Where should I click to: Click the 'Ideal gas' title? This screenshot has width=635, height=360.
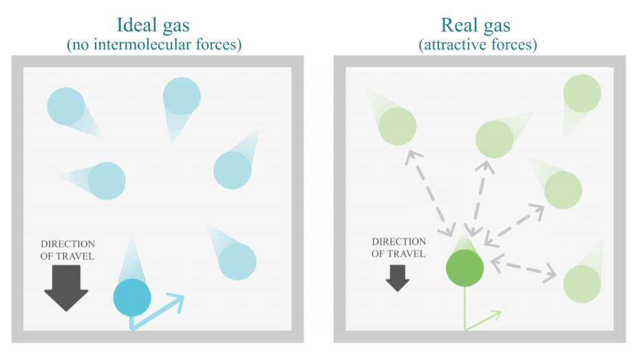click(153, 26)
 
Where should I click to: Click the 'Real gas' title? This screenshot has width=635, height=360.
click(475, 26)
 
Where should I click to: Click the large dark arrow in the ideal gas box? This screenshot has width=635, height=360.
click(66, 288)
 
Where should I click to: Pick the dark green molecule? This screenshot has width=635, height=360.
click(465, 268)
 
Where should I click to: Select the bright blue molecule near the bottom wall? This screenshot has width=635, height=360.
click(131, 297)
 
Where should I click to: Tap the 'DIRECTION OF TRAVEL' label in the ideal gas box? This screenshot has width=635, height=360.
click(67, 250)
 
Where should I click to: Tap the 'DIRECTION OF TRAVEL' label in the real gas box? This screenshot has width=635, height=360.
click(398, 248)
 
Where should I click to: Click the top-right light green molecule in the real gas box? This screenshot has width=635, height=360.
click(581, 93)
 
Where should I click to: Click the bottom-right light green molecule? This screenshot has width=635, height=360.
click(582, 284)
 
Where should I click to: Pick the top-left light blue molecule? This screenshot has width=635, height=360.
click(66, 107)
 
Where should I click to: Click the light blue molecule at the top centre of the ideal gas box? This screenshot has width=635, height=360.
click(182, 96)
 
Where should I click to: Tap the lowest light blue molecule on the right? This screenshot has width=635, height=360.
click(237, 261)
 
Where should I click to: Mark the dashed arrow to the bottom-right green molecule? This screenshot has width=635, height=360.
click(523, 268)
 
